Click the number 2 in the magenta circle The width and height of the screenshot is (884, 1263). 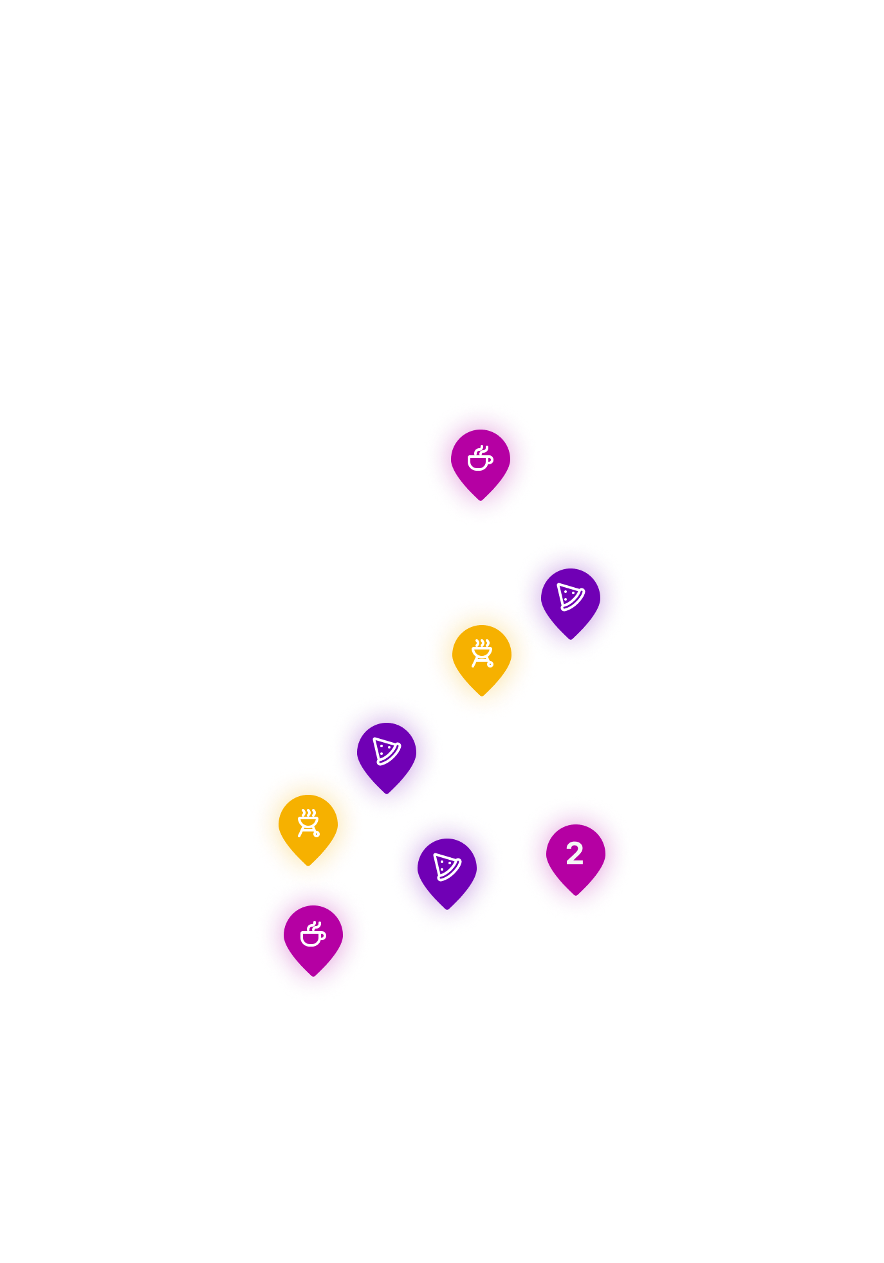click(575, 854)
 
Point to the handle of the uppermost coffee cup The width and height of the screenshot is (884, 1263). click(490, 460)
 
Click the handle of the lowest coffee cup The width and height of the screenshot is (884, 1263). click(323, 936)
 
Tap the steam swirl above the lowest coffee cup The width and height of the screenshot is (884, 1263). click(315, 924)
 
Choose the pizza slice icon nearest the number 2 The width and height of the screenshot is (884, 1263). click(447, 867)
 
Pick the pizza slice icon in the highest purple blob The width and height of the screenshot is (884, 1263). click(571, 597)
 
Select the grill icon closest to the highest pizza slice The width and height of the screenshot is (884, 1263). click(482, 653)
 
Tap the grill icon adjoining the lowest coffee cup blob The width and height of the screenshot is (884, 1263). click(309, 823)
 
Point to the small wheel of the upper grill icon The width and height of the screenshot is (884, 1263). click(490, 664)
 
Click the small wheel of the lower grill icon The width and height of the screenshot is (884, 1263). click(317, 834)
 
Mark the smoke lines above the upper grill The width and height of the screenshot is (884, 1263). click(482, 644)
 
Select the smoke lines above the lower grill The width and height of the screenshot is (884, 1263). click(308, 813)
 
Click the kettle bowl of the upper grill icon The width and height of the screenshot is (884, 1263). click(482, 654)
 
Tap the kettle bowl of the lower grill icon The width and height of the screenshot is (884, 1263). click(308, 824)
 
